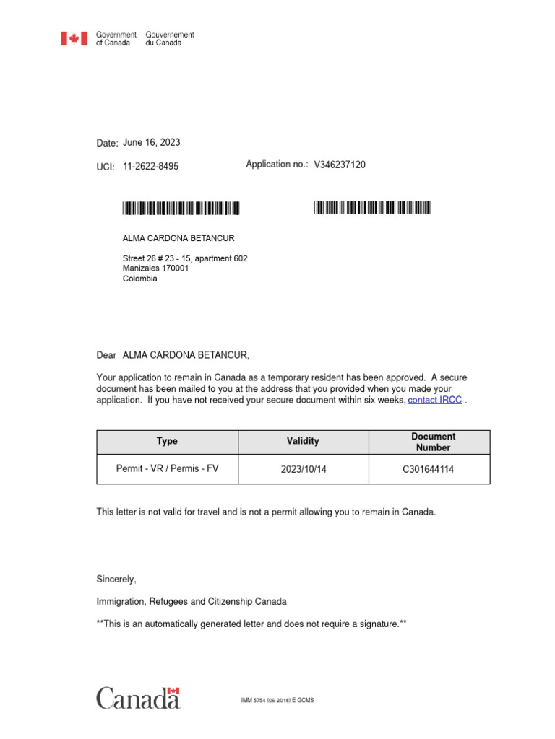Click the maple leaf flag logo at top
(x=74, y=39)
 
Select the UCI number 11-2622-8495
(x=150, y=166)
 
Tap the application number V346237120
(x=340, y=165)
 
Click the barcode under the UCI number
(x=181, y=209)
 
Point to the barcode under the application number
(x=372, y=209)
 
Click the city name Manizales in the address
(x=142, y=268)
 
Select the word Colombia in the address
(x=139, y=279)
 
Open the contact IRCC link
(x=434, y=400)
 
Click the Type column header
(x=167, y=441)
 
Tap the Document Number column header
(x=433, y=442)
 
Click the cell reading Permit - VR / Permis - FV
(x=167, y=468)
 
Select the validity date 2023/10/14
(x=304, y=469)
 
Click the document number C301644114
(x=429, y=469)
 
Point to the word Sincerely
(x=116, y=579)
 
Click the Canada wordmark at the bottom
(x=138, y=698)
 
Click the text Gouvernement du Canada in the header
(x=170, y=39)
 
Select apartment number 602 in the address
(x=241, y=258)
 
